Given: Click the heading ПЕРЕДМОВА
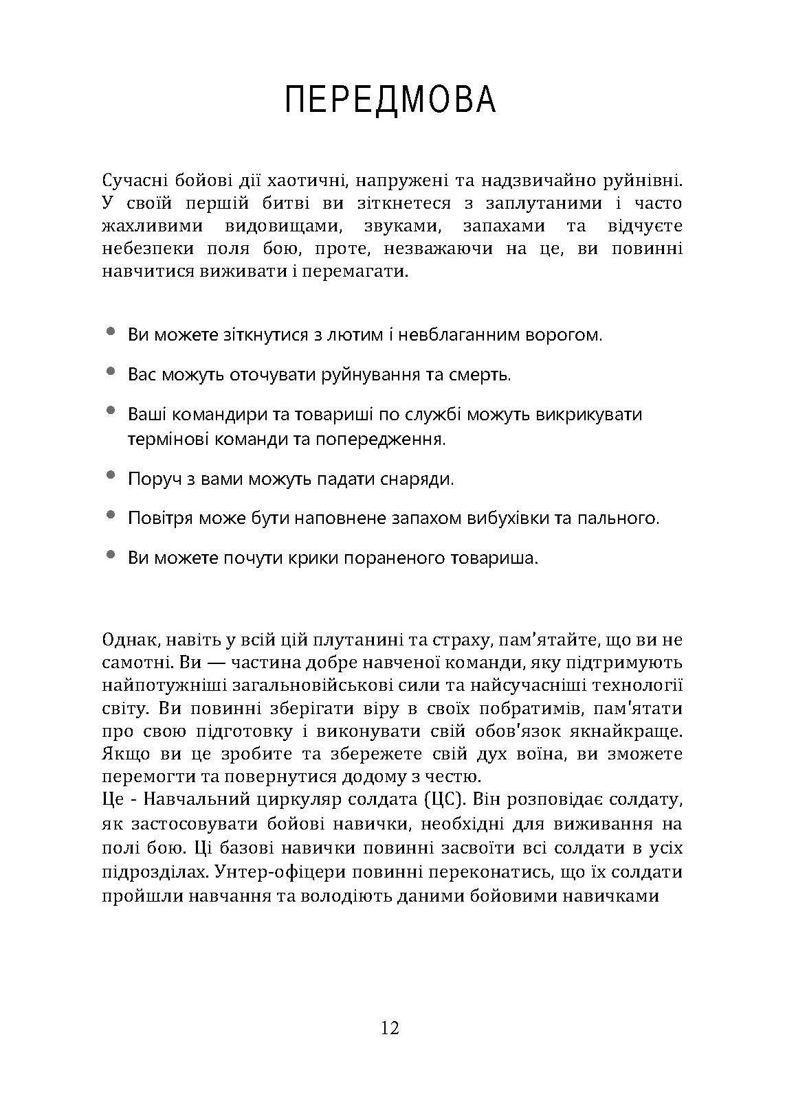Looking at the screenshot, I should click(x=390, y=100).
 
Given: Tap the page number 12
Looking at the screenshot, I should click(x=389, y=1028).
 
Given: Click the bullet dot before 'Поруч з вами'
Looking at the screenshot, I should click(x=111, y=475).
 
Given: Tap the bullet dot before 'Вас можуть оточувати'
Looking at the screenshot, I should click(x=111, y=371).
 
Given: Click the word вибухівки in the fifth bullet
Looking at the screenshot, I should click(x=496, y=518).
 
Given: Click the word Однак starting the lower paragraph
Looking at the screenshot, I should click(x=131, y=640).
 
